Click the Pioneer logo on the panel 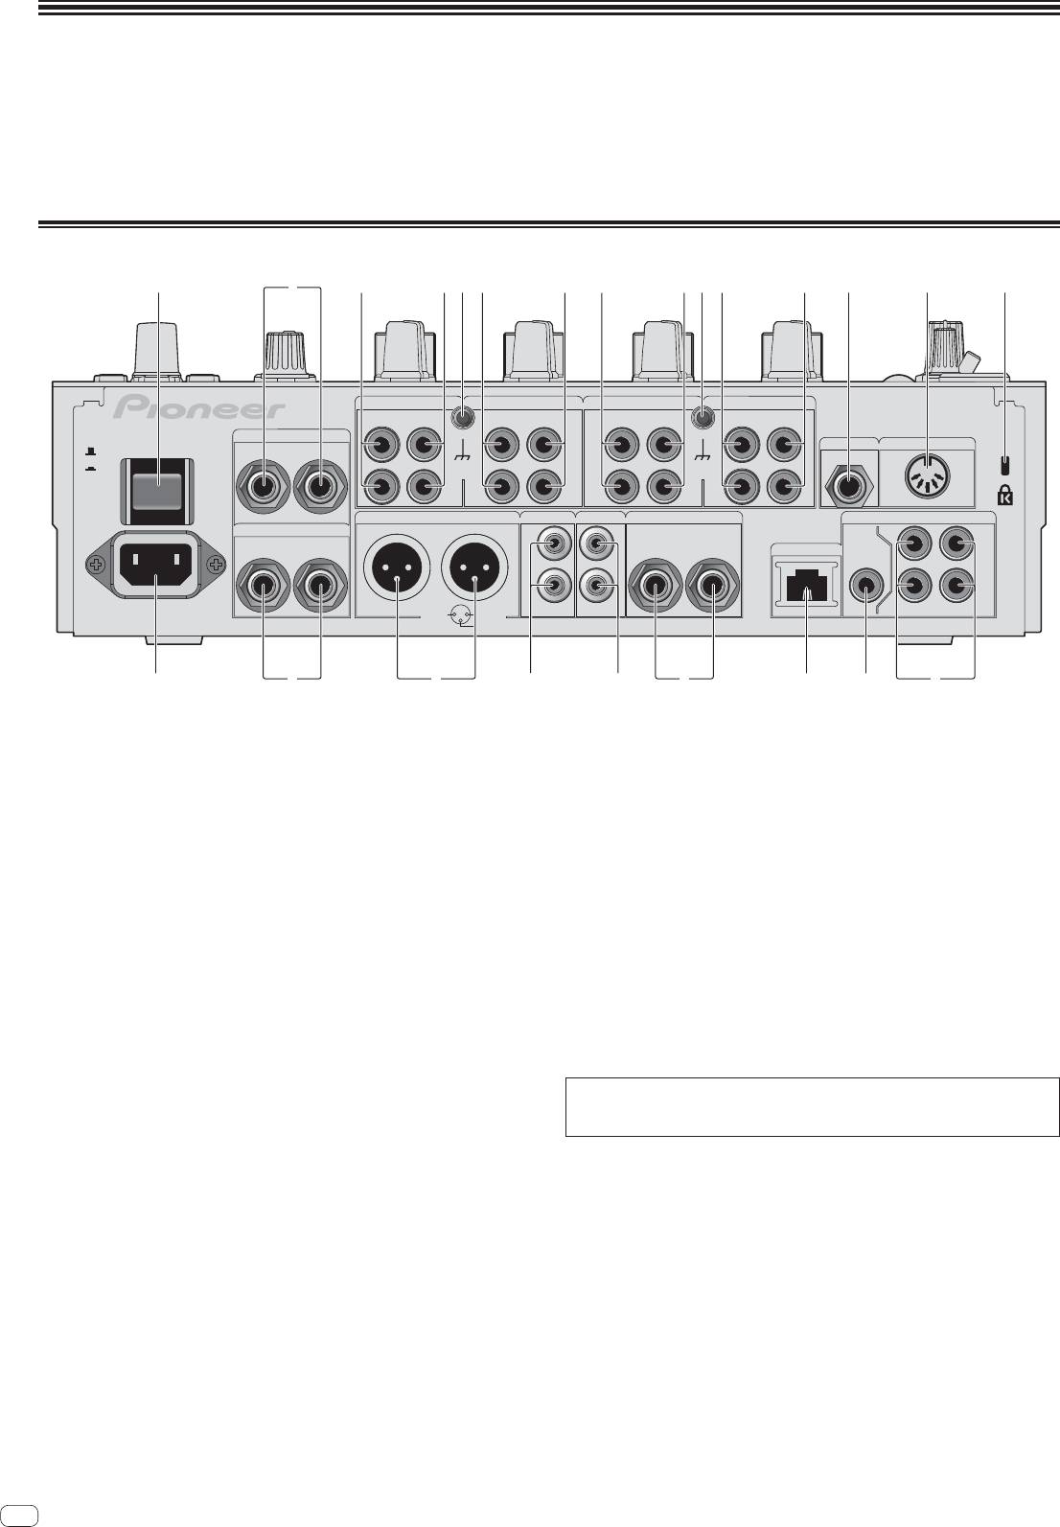pyautogui.click(x=199, y=408)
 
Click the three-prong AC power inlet pyautogui.click(x=155, y=565)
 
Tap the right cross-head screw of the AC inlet pyautogui.click(x=216, y=565)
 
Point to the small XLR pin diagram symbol pyautogui.click(x=461, y=616)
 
